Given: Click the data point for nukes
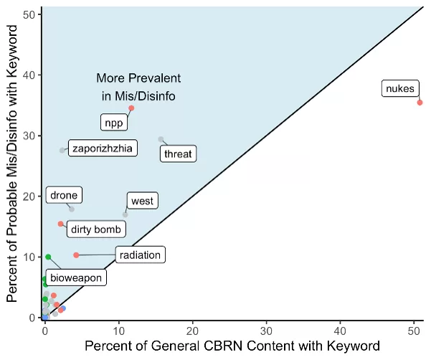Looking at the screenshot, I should [420, 103].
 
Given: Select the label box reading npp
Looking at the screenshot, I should [113, 123].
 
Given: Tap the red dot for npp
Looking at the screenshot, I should [131, 108].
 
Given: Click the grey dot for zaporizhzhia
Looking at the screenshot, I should [62, 151].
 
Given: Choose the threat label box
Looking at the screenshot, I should [178, 153].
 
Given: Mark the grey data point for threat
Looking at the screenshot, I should [161, 139].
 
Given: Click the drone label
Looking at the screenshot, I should [64, 195].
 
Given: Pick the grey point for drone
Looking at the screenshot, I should [72, 209].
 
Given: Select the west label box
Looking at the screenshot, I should [142, 201].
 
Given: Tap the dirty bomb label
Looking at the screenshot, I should [96, 229].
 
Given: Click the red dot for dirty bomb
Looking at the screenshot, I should [61, 224].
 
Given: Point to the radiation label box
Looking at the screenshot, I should [140, 255].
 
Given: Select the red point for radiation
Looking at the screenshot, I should [76, 255].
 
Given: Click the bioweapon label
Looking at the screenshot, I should [78, 278].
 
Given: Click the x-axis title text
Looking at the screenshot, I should [232, 346].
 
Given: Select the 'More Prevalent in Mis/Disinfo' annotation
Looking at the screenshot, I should [139, 86].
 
